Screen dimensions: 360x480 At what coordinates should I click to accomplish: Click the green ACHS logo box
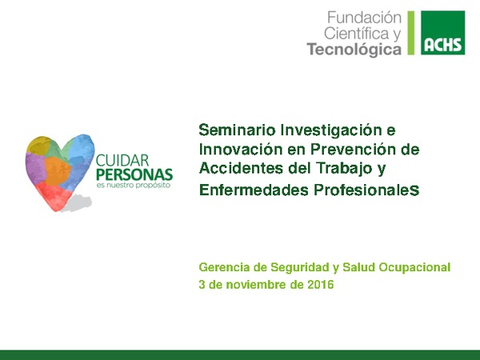pos(443,34)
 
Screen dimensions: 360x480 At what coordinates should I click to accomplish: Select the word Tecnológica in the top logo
pos(354,49)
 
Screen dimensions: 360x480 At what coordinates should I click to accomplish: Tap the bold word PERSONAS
pos(134,174)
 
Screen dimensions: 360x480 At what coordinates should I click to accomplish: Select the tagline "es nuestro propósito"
pos(131,186)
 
